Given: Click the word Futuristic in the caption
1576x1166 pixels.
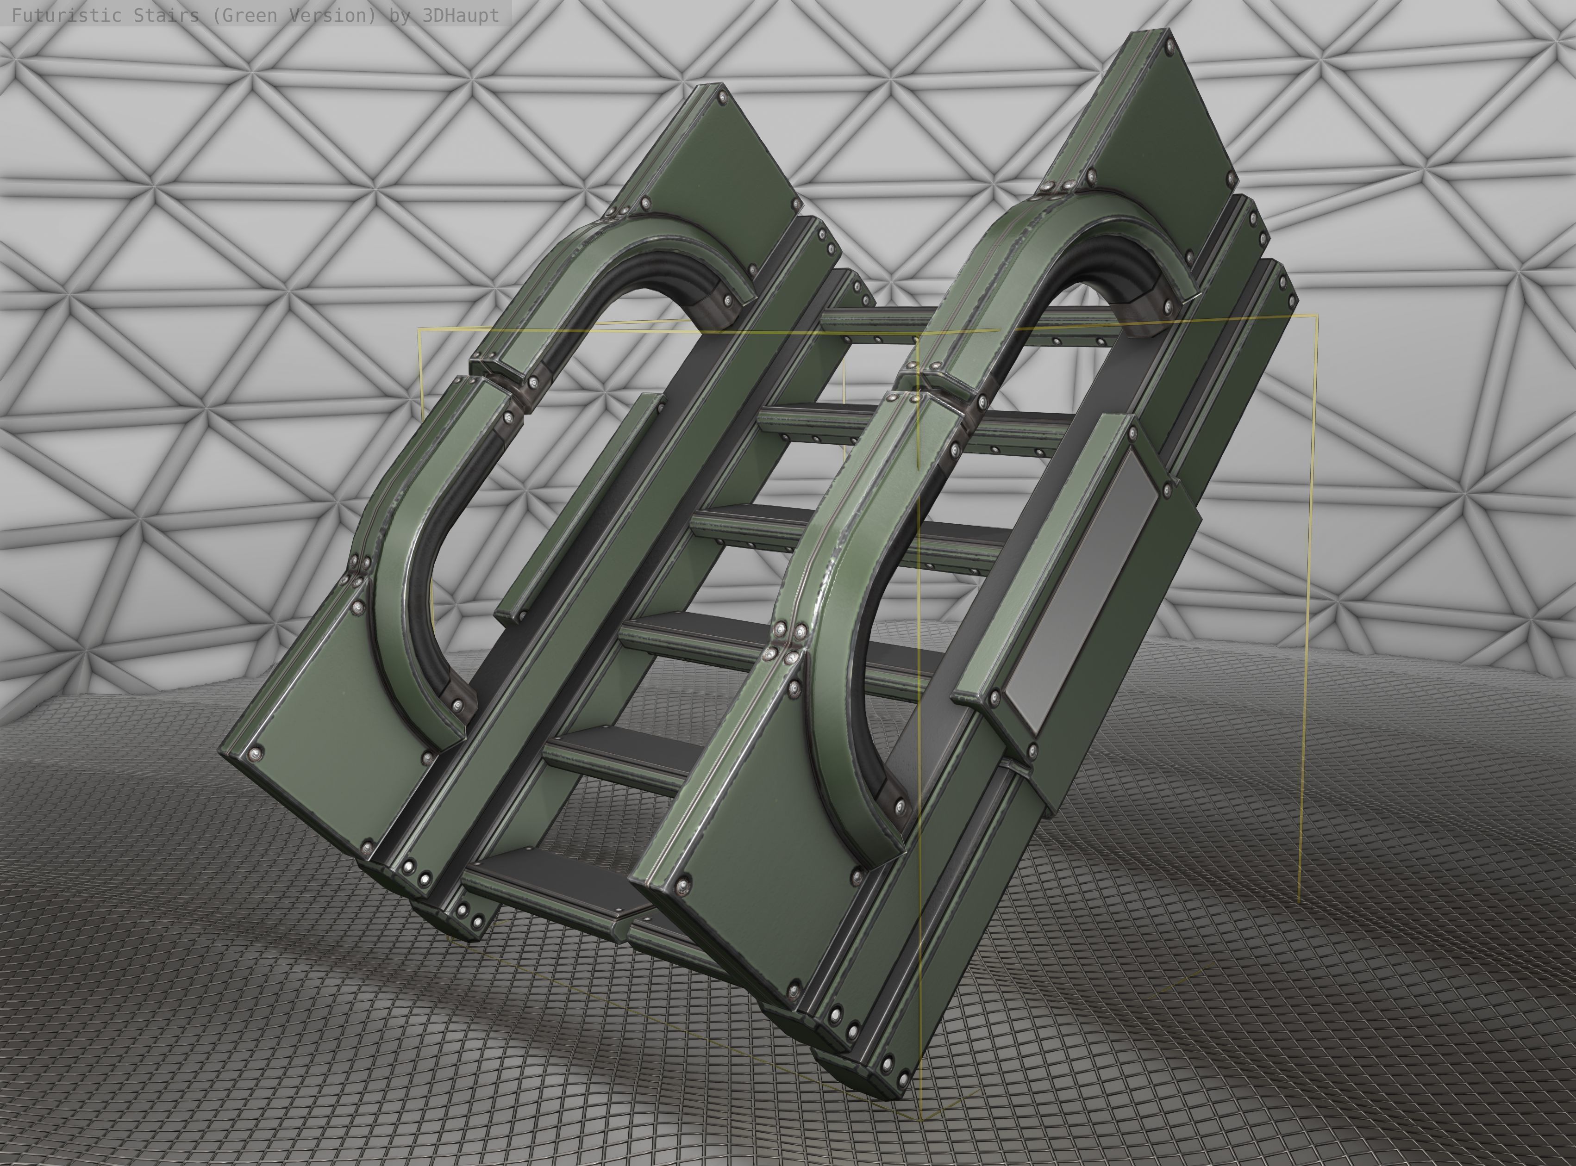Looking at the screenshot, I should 56,15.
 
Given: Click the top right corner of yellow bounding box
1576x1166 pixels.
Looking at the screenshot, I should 1316,316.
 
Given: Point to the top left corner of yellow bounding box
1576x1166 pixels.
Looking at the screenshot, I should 419,329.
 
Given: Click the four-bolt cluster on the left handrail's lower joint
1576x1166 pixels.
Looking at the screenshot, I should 356,572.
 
